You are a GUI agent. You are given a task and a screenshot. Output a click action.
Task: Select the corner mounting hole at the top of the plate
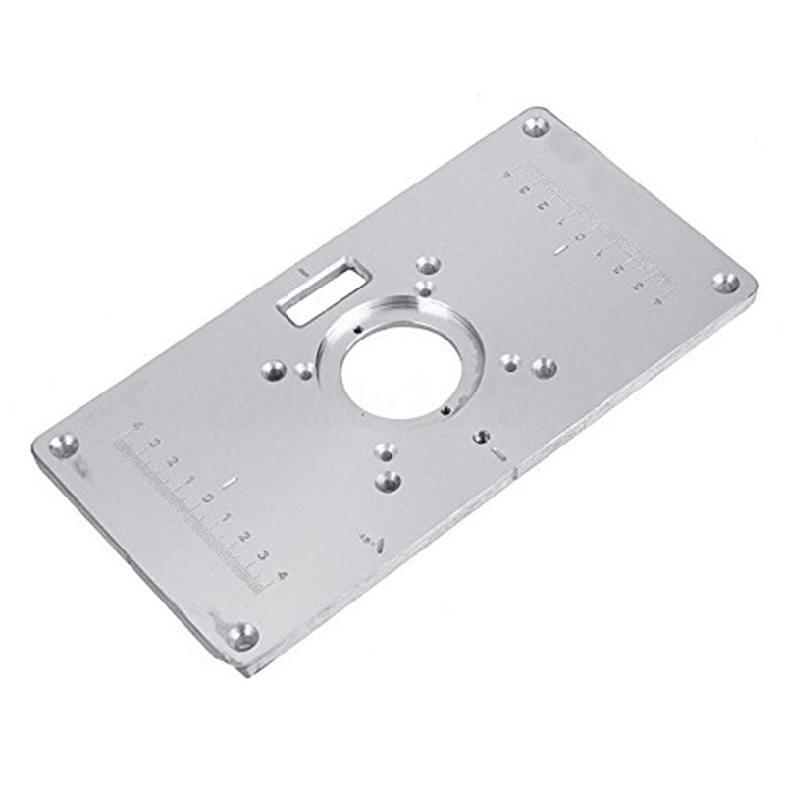point(536,126)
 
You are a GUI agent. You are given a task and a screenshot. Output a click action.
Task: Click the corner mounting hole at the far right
point(725,283)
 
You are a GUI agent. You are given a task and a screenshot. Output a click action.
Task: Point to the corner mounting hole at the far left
point(64,445)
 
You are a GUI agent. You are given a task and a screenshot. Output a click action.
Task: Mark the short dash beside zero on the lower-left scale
point(229,483)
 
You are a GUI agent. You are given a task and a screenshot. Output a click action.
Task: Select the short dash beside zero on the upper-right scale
point(560,251)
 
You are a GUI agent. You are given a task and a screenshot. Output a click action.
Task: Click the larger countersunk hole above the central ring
point(428,265)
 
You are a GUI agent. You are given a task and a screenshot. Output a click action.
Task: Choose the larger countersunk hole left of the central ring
point(274,370)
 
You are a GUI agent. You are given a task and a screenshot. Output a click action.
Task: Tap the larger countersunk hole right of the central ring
point(544,368)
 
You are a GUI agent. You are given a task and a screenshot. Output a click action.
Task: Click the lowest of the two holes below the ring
point(389,481)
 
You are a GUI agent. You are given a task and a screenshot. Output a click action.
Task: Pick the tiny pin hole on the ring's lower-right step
point(446,410)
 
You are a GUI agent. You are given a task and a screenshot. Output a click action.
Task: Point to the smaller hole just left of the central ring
point(305,371)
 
